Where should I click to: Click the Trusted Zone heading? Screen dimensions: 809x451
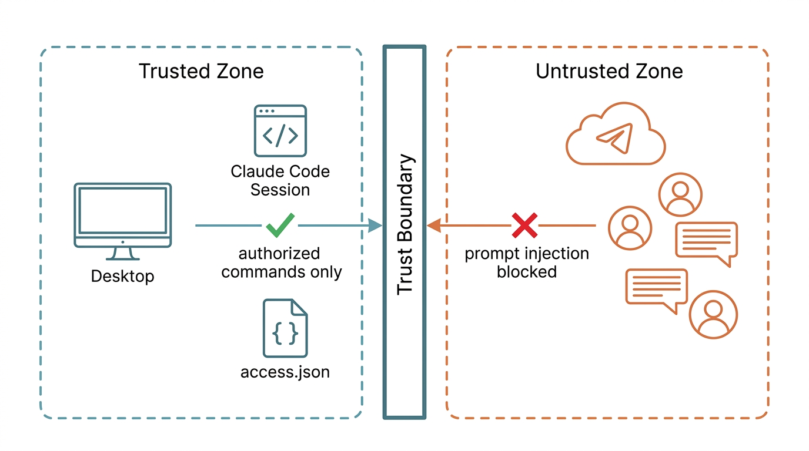(201, 71)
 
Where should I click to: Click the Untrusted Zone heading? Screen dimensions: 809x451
(609, 71)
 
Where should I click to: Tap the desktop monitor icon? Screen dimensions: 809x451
(123, 221)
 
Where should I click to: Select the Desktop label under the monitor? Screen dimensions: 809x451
(123, 277)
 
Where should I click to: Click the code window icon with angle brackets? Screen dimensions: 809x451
(280, 130)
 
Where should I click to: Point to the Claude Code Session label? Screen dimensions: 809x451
(280, 180)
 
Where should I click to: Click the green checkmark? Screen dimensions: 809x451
(280, 225)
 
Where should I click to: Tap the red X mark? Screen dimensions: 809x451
(524, 225)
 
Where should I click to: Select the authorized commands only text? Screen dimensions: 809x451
(282, 262)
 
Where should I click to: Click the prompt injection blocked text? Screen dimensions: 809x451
(527, 262)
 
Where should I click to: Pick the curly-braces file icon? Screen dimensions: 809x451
(285, 328)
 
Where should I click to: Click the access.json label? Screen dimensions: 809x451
(285, 372)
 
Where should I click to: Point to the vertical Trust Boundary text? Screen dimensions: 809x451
(405, 224)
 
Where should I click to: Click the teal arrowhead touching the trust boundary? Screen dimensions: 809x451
(375, 225)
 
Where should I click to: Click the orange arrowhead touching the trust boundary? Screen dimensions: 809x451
(434, 225)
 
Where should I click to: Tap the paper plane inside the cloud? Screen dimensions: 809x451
(616, 138)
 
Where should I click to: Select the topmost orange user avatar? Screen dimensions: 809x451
(680, 194)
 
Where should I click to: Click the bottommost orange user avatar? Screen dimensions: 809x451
(713, 315)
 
